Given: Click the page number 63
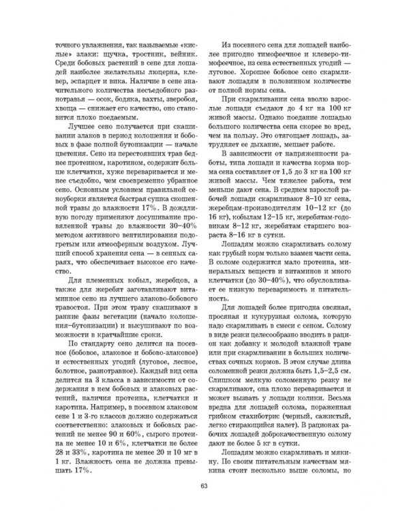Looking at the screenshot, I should [x=204, y=485].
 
